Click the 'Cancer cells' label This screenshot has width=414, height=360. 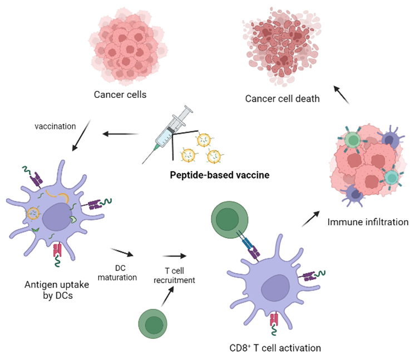[x=120, y=95]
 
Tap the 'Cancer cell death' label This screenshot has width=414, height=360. [x=282, y=98]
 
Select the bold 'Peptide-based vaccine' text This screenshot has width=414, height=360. [x=220, y=175]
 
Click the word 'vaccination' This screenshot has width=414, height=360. [x=55, y=126]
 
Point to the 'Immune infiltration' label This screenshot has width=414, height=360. [x=368, y=222]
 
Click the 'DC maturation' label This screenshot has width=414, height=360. [x=117, y=273]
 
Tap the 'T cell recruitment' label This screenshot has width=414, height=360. [x=174, y=275]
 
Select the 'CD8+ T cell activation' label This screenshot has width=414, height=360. [x=275, y=348]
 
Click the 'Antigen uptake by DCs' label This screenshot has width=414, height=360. [x=57, y=290]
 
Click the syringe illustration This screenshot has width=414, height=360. [x=167, y=134]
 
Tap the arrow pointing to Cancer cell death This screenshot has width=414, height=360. [x=342, y=95]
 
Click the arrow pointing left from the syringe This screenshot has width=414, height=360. [x=121, y=134]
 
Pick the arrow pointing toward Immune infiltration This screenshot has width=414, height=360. [x=310, y=219]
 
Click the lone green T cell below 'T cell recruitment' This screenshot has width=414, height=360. [x=153, y=324]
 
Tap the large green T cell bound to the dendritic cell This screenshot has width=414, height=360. [x=229, y=220]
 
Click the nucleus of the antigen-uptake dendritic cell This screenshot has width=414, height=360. [x=57, y=217]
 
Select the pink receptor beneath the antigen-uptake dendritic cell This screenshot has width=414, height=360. [x=57, y=250]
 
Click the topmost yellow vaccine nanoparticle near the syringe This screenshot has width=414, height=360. [x=204, y=140]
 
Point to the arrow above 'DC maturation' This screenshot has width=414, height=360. [x=122, y=252]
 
